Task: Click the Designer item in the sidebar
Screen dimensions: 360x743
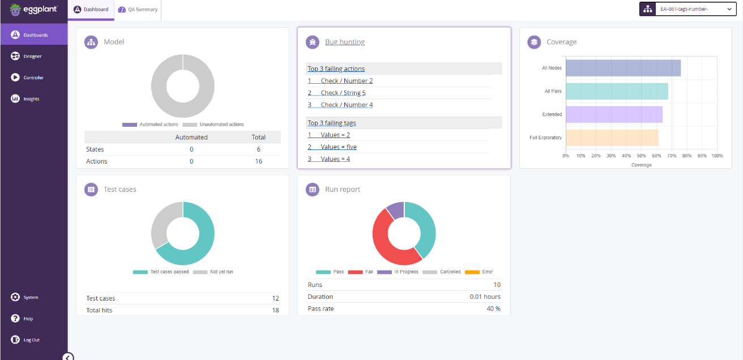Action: click(33, 56)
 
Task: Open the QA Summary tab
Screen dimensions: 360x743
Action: click(138, 10)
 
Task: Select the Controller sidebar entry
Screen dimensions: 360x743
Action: click(33, 78)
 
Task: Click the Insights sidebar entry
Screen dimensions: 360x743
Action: click(32, 99)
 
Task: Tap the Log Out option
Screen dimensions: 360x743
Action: click(31, 340)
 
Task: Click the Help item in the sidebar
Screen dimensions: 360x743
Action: click(28, 319)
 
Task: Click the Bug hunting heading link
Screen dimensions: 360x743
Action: click(344, 42)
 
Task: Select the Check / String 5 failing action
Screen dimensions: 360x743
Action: click(343, 93)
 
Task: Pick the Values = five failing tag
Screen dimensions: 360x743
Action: click(338, 147)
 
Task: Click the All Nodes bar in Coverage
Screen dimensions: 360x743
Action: click(623, 68)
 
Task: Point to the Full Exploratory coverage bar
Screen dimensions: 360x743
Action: click(612, 138)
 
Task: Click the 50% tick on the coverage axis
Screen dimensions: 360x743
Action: click(641, 156)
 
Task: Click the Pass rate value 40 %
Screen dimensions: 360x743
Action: click(493, 308)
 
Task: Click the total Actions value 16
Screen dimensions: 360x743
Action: click(258, 161)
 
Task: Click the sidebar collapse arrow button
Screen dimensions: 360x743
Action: click(68, 357)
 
